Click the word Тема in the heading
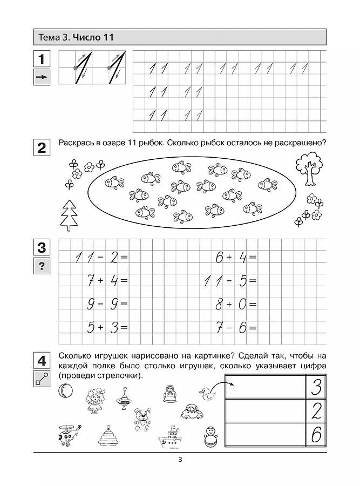coord(49,37)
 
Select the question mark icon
coord(42,266)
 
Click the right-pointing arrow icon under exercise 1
coord(42,78)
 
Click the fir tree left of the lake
coord(69,214)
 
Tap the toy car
coord(192,413)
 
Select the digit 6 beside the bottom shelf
coord(317,435)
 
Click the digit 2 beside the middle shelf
coord(317,411)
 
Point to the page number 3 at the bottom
coord(180,460)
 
